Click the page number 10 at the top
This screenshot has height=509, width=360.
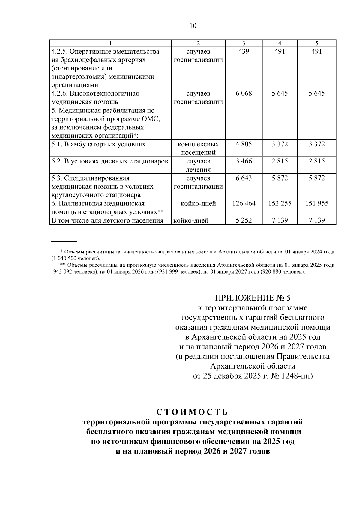[193, 26]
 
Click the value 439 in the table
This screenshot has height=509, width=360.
[244, 52]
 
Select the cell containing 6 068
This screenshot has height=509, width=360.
[244, 94]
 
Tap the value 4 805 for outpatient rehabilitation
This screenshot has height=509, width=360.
[244, 144]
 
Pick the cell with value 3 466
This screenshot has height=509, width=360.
[244, 161]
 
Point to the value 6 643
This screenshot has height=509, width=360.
[244, 178]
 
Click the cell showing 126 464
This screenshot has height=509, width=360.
[244, 204]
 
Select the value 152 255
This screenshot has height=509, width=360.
[280, 204]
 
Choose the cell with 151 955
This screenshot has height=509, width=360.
[317, 204]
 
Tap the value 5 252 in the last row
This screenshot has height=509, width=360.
[244, 221]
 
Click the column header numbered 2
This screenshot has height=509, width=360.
[198, 43]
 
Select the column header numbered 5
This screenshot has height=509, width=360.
[317, 43]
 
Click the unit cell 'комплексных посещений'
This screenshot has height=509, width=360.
[198, 148]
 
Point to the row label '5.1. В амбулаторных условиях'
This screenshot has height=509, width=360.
[98, 144]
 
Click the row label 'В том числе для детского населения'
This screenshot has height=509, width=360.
[107, 221]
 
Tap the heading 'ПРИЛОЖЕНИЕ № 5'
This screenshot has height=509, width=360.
[253, 298]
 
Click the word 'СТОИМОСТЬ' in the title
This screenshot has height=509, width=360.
[193, 412]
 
